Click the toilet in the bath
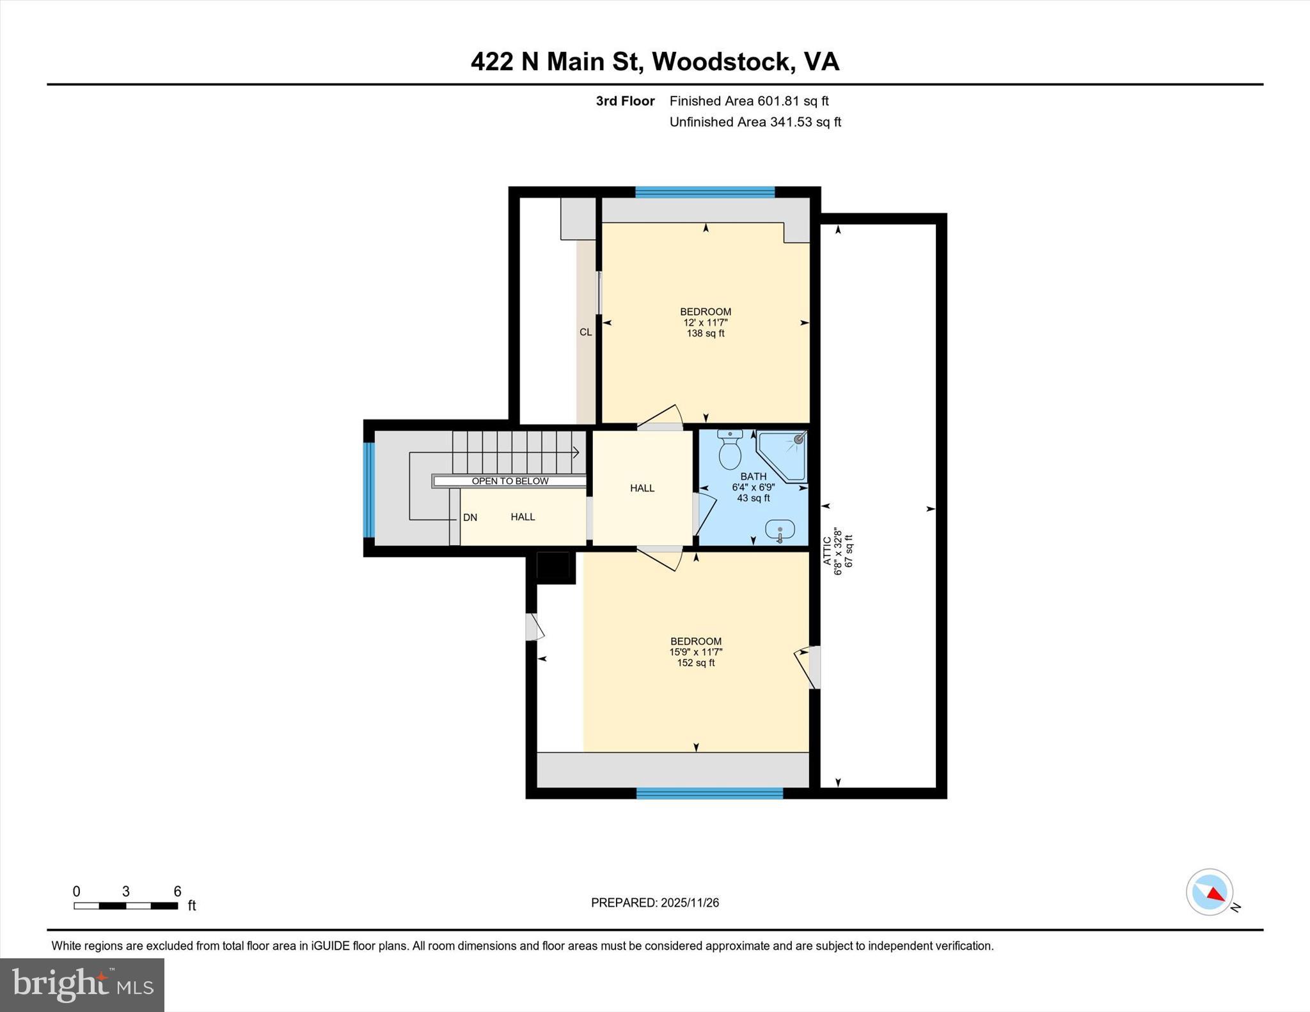(x=730, y=451)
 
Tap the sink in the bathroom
(x=780, y=529)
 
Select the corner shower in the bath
(x=784, y=455)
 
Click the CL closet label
(x=585, y=332)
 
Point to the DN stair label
(x=470, y=518)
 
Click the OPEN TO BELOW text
(x=510, y=481)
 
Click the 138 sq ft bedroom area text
(x=705, y=334)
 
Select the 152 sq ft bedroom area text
(x=696, y=663)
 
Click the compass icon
(x=1209, y=892)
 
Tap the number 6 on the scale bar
(x=178, y=891)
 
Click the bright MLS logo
(x=82, y=985)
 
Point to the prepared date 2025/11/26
(x=690, y=903)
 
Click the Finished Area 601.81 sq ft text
(x=748, y=101)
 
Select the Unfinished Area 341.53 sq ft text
(x=755, y=122)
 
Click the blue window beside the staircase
(x=368, y=490)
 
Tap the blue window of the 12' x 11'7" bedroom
(x=705, y=192)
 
